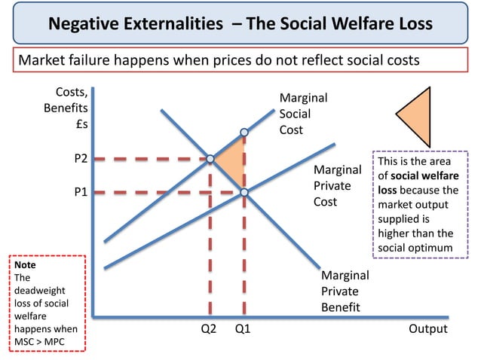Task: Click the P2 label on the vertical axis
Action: pos(80,159)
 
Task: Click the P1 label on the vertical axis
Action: pos(80,193)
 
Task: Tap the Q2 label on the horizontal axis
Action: pos(208,329)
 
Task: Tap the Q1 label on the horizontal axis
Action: pos(243,329)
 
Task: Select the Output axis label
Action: pos(427,329)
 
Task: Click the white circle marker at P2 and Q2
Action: pos(210,159)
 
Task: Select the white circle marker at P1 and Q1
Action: pos(244,193)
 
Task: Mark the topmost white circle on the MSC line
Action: pos(244,132)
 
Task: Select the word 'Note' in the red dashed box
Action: pos(25,266)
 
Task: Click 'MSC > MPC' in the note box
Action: pos(45,340)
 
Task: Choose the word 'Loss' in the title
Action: pos(412,24)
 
